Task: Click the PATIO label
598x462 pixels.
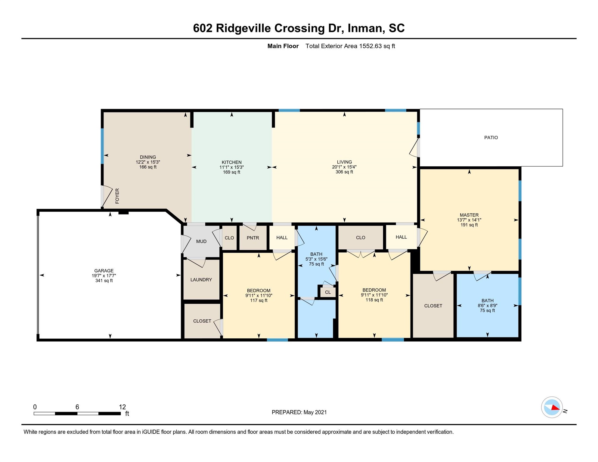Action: pyautogui.click(x=491, y=137)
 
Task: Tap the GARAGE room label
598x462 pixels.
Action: pyautogui.click(x=104, y=271)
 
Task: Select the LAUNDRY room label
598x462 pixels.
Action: pyautogui.click(x=201, y=280)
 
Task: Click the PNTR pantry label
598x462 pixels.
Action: pyautogui.click(x=253, y=238)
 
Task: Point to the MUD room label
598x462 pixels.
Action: pyautogui.click(x=201, y=242)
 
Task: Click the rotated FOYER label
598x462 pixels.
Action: pyautogui.click(x=117, y=196)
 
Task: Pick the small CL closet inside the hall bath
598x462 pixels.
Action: pyautogui.click(x=328, y=292)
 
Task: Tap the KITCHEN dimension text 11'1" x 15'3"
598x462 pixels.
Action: pyautogui.click(x=231, y=167)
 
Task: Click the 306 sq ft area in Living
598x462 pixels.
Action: pyautogui.click(x=344, y=172)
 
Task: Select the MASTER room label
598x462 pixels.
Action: pyautogui.click(x=469, y=215)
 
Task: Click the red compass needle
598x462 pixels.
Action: pyautogui.click(x=555, y=408)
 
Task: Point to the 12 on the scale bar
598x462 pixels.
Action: pyautogui.click(x=122, y=407)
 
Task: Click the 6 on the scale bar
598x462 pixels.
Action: pyautogui.click(x=77, y=407)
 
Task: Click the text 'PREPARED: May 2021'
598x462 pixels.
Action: pyautogui.click(x=299, y=412)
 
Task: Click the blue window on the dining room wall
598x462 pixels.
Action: pyautogui.click(x=102, y=146)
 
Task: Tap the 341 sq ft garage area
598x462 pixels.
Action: pyautogui.click(x=104, y=281)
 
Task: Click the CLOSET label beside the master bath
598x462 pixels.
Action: pyautogui.click(x=433, y=306)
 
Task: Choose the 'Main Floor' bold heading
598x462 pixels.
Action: pyautogui.click(x=283, y=46)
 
